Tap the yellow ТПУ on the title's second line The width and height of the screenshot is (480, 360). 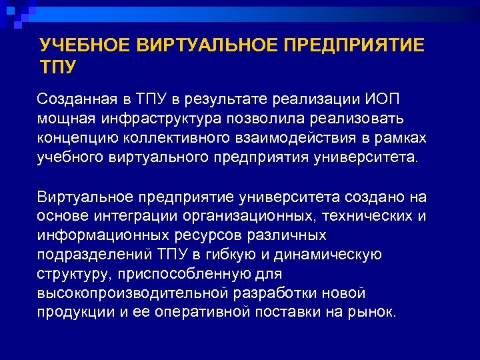coord(58,67)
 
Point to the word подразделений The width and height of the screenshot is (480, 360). coord(84,255)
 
